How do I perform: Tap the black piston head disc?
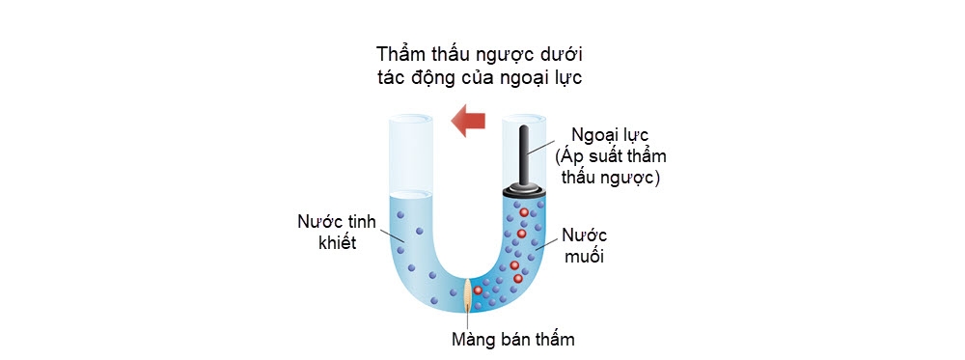[x=525, y=189]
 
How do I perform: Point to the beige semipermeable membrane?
[x=468, y=294]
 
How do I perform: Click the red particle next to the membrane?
[x=478, y=291]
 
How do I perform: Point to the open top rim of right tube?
[x=525, y=121]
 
